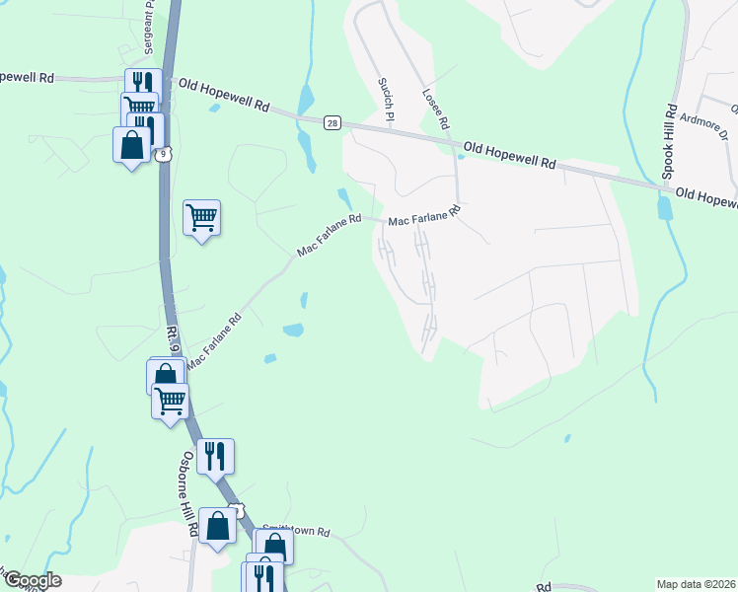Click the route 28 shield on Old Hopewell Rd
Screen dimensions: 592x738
(332, 122)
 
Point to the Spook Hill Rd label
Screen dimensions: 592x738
(668, 142)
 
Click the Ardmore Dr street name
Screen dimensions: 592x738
(702, 125)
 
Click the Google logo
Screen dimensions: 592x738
(32, 580)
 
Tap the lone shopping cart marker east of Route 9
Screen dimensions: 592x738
(201, 217)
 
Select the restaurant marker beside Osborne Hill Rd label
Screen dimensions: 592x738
(214, 456)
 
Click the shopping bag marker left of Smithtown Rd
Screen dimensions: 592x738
(217, 525)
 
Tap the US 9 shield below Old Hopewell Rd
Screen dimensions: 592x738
(167, 153)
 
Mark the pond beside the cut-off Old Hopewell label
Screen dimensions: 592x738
(665, 207)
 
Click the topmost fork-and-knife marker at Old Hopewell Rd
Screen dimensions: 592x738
(141, 83)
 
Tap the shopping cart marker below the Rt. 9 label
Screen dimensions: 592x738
(170, 401)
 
